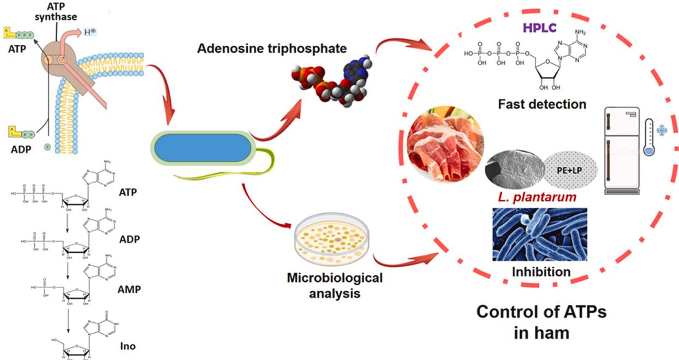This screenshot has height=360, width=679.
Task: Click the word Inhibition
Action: (540, 271)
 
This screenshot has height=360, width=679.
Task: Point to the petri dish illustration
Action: (333, 240)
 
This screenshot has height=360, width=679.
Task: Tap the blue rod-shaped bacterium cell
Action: (202, 147)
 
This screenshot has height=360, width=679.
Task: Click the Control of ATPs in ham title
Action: (534, 322)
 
